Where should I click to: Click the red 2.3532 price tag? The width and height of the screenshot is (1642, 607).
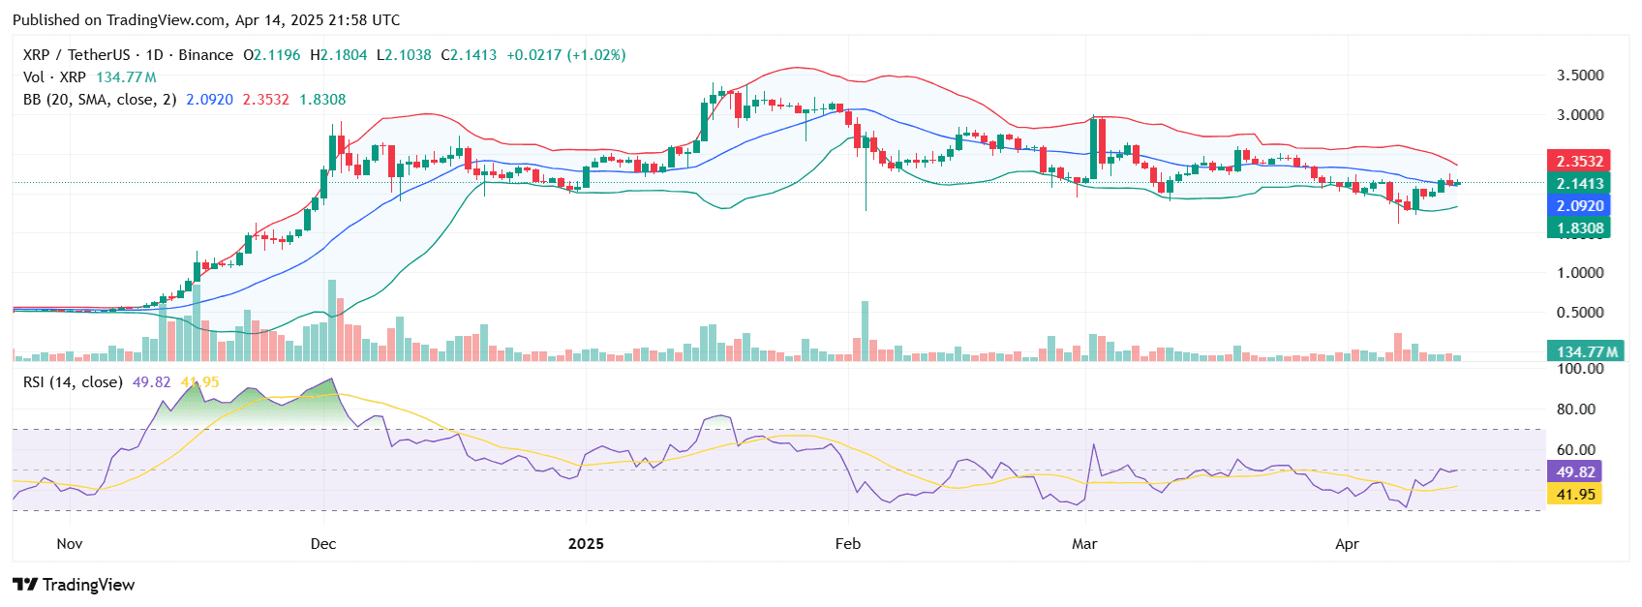(x=1579, y=162)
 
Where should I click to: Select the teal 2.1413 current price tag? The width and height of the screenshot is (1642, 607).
(x=1579, y=184)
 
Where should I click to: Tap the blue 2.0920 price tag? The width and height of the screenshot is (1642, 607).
(x=1579, y=206)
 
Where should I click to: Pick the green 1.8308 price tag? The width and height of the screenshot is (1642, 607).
(x=1579, y=228)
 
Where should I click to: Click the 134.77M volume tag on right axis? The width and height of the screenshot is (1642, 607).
(x=1586, y=351)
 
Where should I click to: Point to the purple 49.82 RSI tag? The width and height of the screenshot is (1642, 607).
(x=1575, y=471)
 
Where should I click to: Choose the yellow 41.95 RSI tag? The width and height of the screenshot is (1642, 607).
(x=1575, y=494)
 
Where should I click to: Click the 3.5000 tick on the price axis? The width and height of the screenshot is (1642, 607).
(x=1579, y=76)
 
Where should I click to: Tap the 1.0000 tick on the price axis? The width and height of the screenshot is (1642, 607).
(x=1579, y=273)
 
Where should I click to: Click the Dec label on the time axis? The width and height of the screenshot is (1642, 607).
(x=323, y=544)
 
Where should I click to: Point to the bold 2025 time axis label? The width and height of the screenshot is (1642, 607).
(x=586, y=544)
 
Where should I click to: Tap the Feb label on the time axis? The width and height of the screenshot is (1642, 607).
(x=848, y=544)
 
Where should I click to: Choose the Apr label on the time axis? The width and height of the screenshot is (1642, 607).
(x=1347, y=544)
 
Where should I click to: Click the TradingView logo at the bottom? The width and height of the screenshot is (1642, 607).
(x=74, y=585)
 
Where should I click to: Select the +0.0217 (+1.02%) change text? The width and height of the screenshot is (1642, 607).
(x=566, y=55)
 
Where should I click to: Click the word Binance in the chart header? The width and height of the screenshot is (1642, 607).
(x=205, y=55)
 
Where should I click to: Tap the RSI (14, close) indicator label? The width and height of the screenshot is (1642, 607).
(x=73, y=382)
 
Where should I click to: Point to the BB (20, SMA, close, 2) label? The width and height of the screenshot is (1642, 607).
(x=100, y=100)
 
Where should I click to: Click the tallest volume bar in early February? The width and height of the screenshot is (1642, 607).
(x=866, y=331)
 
